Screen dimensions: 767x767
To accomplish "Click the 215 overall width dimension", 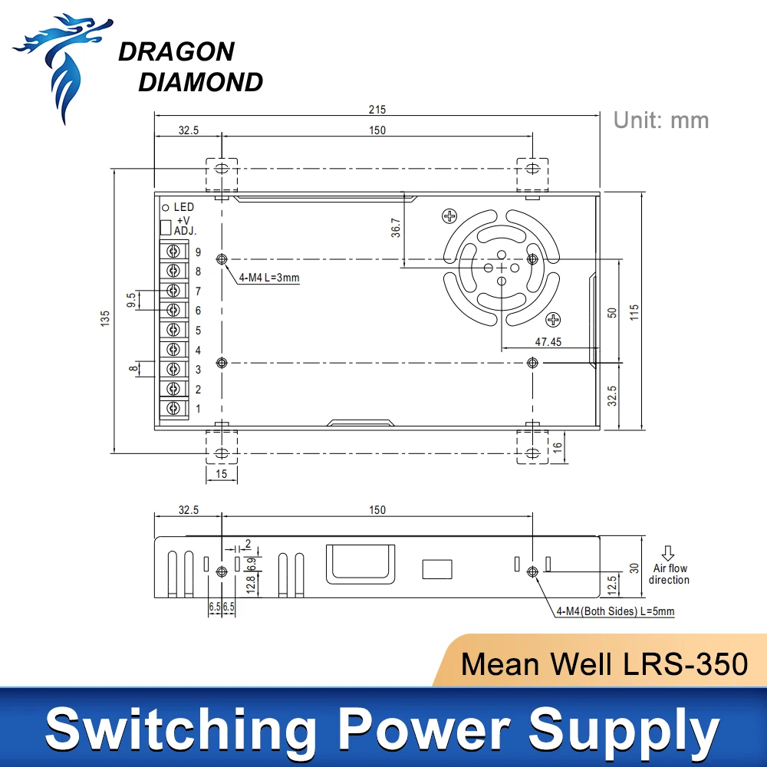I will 377,110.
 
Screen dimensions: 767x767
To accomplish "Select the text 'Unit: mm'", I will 661,120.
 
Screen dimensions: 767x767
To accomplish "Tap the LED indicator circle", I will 164,207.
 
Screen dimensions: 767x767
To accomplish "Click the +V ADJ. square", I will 165,227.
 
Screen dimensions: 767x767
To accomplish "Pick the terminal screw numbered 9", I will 175,251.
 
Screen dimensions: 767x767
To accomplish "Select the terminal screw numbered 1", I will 175,408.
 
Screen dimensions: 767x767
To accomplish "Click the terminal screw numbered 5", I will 175,330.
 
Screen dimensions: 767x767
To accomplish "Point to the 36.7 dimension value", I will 395,229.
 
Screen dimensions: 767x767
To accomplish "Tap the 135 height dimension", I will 106,316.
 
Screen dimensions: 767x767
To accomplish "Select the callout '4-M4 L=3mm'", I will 270,278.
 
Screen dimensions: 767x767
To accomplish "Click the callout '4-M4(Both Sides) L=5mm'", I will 616,611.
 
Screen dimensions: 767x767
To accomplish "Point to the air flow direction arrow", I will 668,553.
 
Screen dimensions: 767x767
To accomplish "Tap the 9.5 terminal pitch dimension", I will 131,299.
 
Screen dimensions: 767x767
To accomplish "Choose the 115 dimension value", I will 634,312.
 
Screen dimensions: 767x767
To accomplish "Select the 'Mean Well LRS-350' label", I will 604,663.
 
